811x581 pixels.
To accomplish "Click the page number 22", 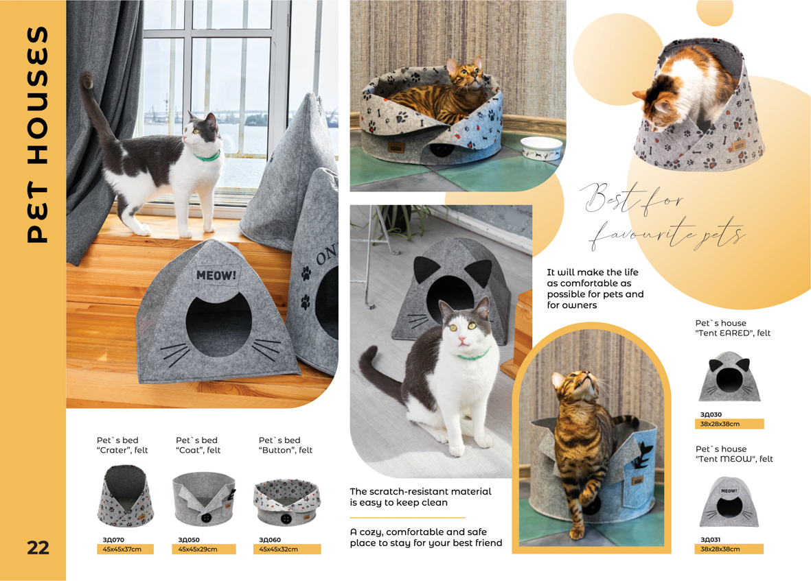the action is pos(38,547).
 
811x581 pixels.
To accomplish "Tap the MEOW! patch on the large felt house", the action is pos(216,275).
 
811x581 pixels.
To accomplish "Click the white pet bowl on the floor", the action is pos(542,147).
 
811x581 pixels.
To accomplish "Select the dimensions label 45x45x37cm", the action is pos(125,549).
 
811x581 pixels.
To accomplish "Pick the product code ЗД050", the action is pos(189,540).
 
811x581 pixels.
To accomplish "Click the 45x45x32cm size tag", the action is pos(287,549).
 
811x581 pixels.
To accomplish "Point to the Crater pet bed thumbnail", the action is pos(126,495).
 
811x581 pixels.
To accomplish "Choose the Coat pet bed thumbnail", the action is pos(204,499).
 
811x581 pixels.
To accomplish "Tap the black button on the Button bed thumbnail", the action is pos(286,517).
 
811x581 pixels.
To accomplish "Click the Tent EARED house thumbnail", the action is pos(729,377).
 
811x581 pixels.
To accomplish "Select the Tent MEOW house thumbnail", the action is pos(729,502).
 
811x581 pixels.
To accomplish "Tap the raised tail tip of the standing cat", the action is pos(87,79).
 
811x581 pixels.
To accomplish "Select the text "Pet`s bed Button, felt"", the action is pos(286,445).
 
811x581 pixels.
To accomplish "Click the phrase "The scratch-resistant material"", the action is pos(420,491).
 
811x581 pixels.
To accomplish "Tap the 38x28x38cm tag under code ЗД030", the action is pos(729,424).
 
